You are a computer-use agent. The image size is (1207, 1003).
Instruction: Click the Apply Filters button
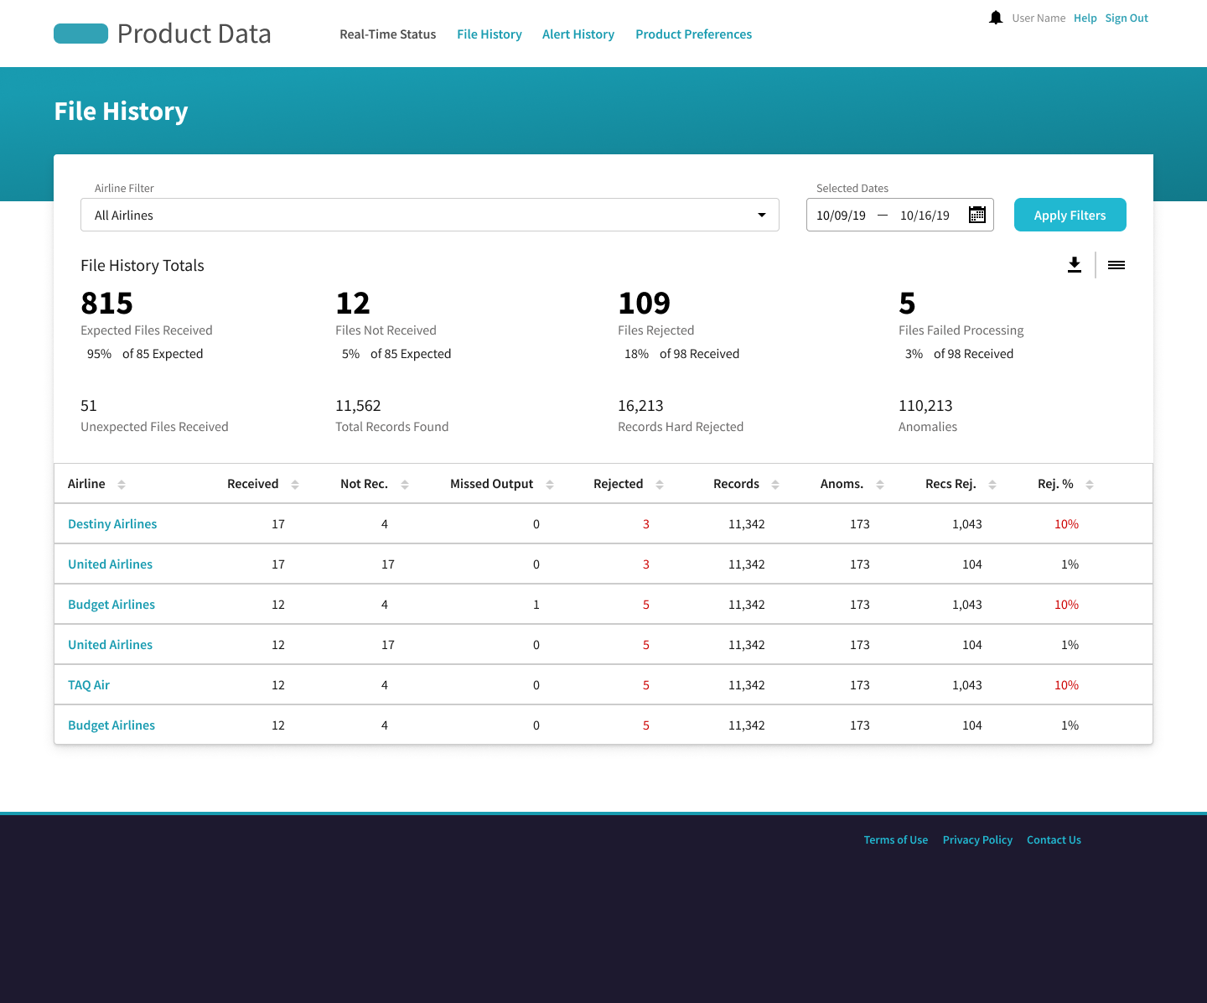point(1070,216)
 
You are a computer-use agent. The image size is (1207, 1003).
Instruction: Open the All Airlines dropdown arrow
point(762,216)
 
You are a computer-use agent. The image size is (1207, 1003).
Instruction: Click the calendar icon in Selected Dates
point(977,215)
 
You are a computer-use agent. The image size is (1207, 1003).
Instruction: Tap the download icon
point(1074,265)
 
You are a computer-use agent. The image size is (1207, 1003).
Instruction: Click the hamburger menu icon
point(1116,265)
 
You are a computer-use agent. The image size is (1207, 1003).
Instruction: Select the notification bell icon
point(996,18)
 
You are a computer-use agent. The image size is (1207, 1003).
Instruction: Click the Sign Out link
point(1127,18)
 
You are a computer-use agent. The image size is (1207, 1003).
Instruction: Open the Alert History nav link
point(578,34)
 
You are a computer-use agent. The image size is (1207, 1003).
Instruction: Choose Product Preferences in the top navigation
point(694,34)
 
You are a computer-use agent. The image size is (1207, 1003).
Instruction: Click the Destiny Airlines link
point(112,523)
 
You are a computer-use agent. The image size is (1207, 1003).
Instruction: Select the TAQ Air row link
point(89,685)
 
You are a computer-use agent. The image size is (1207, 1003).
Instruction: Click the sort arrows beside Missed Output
point(550,485)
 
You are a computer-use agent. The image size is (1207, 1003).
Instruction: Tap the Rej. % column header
point(1055,484)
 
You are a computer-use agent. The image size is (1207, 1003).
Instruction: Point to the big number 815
point(107,303)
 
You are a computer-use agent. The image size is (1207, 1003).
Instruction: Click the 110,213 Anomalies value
point(925,406)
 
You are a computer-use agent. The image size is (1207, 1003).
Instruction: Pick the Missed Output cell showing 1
point(536,605)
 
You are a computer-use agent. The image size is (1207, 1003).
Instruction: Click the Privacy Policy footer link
point(977,839)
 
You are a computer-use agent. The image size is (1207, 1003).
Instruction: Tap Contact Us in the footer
point(1054,839)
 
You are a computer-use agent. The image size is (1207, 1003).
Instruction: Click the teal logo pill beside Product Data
point(81,34)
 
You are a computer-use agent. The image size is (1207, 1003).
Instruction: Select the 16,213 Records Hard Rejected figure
point(640,406)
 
